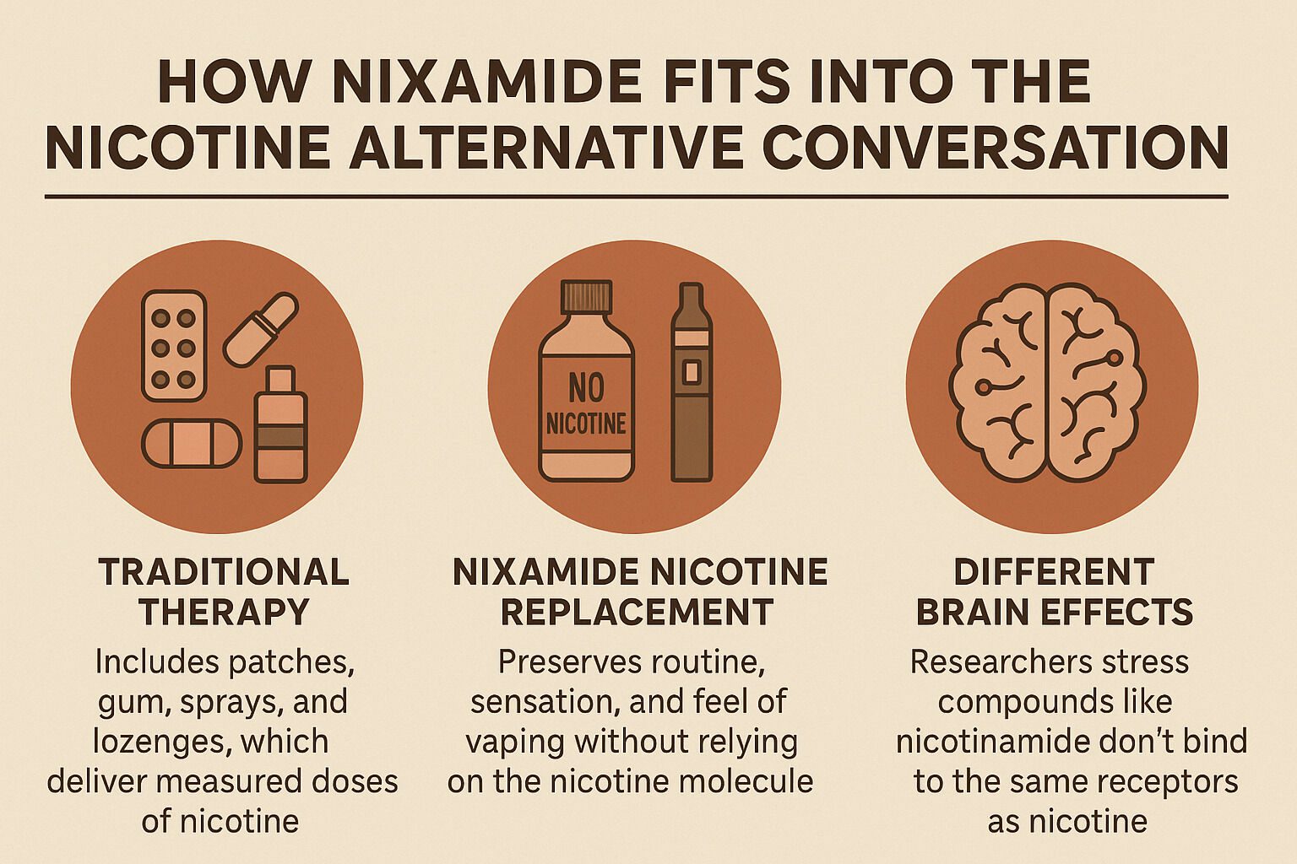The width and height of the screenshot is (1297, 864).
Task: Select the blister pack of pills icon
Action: coord(174,346)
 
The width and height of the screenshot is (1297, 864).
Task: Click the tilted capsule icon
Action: coord(260,329)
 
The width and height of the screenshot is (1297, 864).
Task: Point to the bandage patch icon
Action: coord(192,443)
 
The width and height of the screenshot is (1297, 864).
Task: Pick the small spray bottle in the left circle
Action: coord(280,425)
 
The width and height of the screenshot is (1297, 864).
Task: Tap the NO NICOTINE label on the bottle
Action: coord(586,405)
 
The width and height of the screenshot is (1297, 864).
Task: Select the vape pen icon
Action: coord(691,383)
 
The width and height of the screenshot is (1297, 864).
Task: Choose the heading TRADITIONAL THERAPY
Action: coord(224,591)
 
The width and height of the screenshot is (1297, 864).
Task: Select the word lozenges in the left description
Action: coord(150,742)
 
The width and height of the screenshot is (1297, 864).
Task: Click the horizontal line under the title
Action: coord(636,197)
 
